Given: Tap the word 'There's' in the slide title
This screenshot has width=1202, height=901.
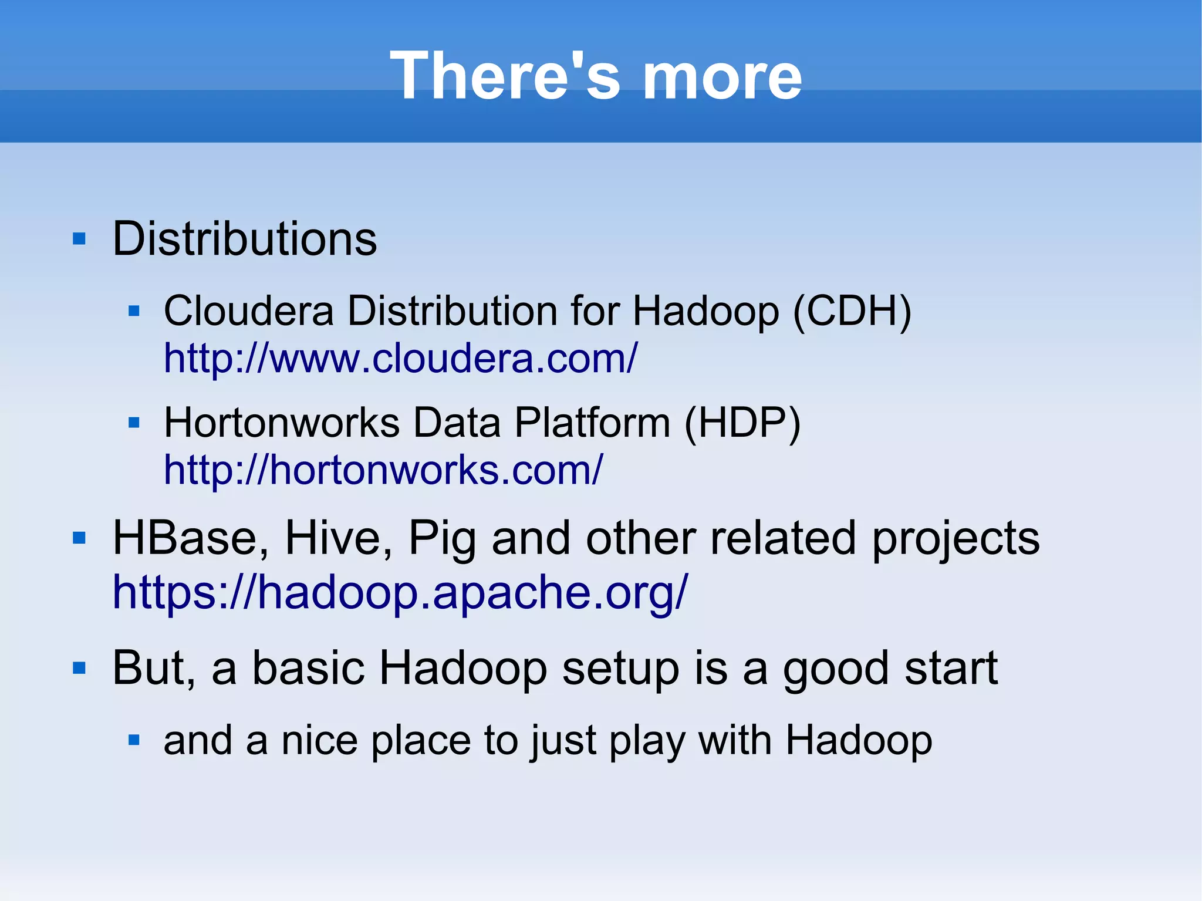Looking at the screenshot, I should click(505, 76).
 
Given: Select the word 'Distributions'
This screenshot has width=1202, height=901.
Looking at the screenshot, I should click(244, 239).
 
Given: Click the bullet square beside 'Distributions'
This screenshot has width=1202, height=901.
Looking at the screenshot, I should click(79, 239).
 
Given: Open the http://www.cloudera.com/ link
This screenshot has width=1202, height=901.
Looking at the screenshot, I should click(400, 358).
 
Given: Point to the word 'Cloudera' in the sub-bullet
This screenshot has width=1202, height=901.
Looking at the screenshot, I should click(249, 311).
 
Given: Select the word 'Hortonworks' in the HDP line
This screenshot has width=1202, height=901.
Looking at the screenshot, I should click(282, 423).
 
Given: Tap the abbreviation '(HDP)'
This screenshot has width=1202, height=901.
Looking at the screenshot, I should click(742, 423).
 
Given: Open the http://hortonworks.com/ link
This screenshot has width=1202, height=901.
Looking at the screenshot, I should click(383, 470).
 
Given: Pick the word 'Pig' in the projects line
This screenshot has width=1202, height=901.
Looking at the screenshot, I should click(442, 538).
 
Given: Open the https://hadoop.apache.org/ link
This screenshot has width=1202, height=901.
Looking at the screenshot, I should click(400, 592).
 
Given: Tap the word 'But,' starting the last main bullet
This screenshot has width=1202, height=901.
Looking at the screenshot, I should click(154, 668).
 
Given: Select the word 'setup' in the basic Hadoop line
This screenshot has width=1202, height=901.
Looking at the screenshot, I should click(620, 668).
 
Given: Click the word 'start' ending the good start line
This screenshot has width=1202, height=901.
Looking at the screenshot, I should click(951, 668).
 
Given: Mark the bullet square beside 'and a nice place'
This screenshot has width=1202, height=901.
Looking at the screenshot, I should click(134, 740).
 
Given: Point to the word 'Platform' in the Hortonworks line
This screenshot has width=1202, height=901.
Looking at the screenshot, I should click(592, 423).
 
